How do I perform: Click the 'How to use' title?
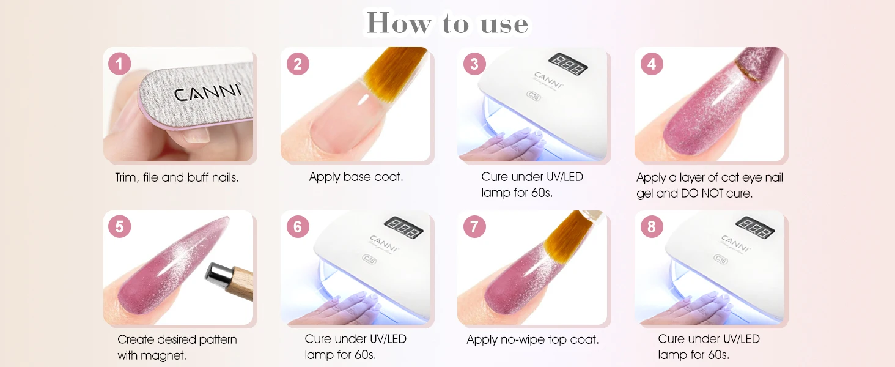pos(447,23)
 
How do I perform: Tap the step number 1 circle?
pos(119,64)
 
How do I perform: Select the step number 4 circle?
pos(652,64)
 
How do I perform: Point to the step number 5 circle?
pos(119,227)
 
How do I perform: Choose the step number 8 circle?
pos(652,227)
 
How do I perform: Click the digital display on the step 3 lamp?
pos(568,64)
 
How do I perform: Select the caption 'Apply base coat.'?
pos(356,177)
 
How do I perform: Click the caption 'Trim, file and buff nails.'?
pos(177,177)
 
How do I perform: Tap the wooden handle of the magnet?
pos(240,284)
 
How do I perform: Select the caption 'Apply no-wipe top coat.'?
pos(532,339)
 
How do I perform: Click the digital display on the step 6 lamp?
pos(403,227)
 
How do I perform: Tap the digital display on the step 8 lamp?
pos(755,227)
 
